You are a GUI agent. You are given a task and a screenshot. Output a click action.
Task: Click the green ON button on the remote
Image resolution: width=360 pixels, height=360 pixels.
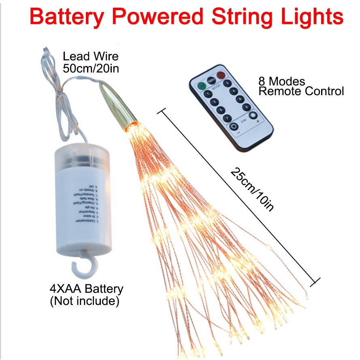(x=201, y=86)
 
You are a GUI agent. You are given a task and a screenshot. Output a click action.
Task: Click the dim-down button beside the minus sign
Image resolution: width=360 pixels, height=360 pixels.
(x=234, y=127)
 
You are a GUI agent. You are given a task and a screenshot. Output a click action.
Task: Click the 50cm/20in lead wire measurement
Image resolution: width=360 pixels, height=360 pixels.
(x=91, y=68)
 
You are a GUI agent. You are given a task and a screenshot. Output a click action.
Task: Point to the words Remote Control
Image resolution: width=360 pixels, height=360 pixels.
(x=301, y=91)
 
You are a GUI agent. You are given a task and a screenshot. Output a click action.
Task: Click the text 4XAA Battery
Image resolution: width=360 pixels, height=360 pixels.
(x=86, y=289)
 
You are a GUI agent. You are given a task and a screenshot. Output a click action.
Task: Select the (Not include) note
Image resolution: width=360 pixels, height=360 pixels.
(x=84, y=301)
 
